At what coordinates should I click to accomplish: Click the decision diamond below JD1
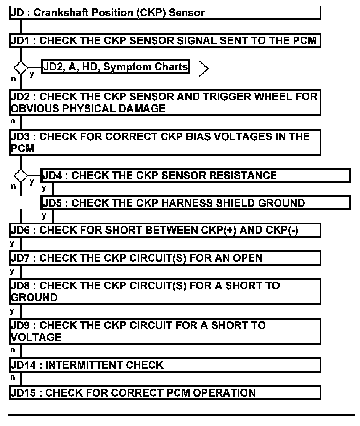[x=21, y=68]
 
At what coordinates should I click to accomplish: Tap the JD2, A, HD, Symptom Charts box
[x=116, y=67]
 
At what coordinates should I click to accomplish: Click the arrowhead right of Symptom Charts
[x=204, y=69]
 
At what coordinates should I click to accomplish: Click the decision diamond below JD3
[x=21, y=176]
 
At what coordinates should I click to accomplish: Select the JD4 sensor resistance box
[x=195, y=175]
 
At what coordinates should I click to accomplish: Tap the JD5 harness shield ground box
[x=195, y=203]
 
